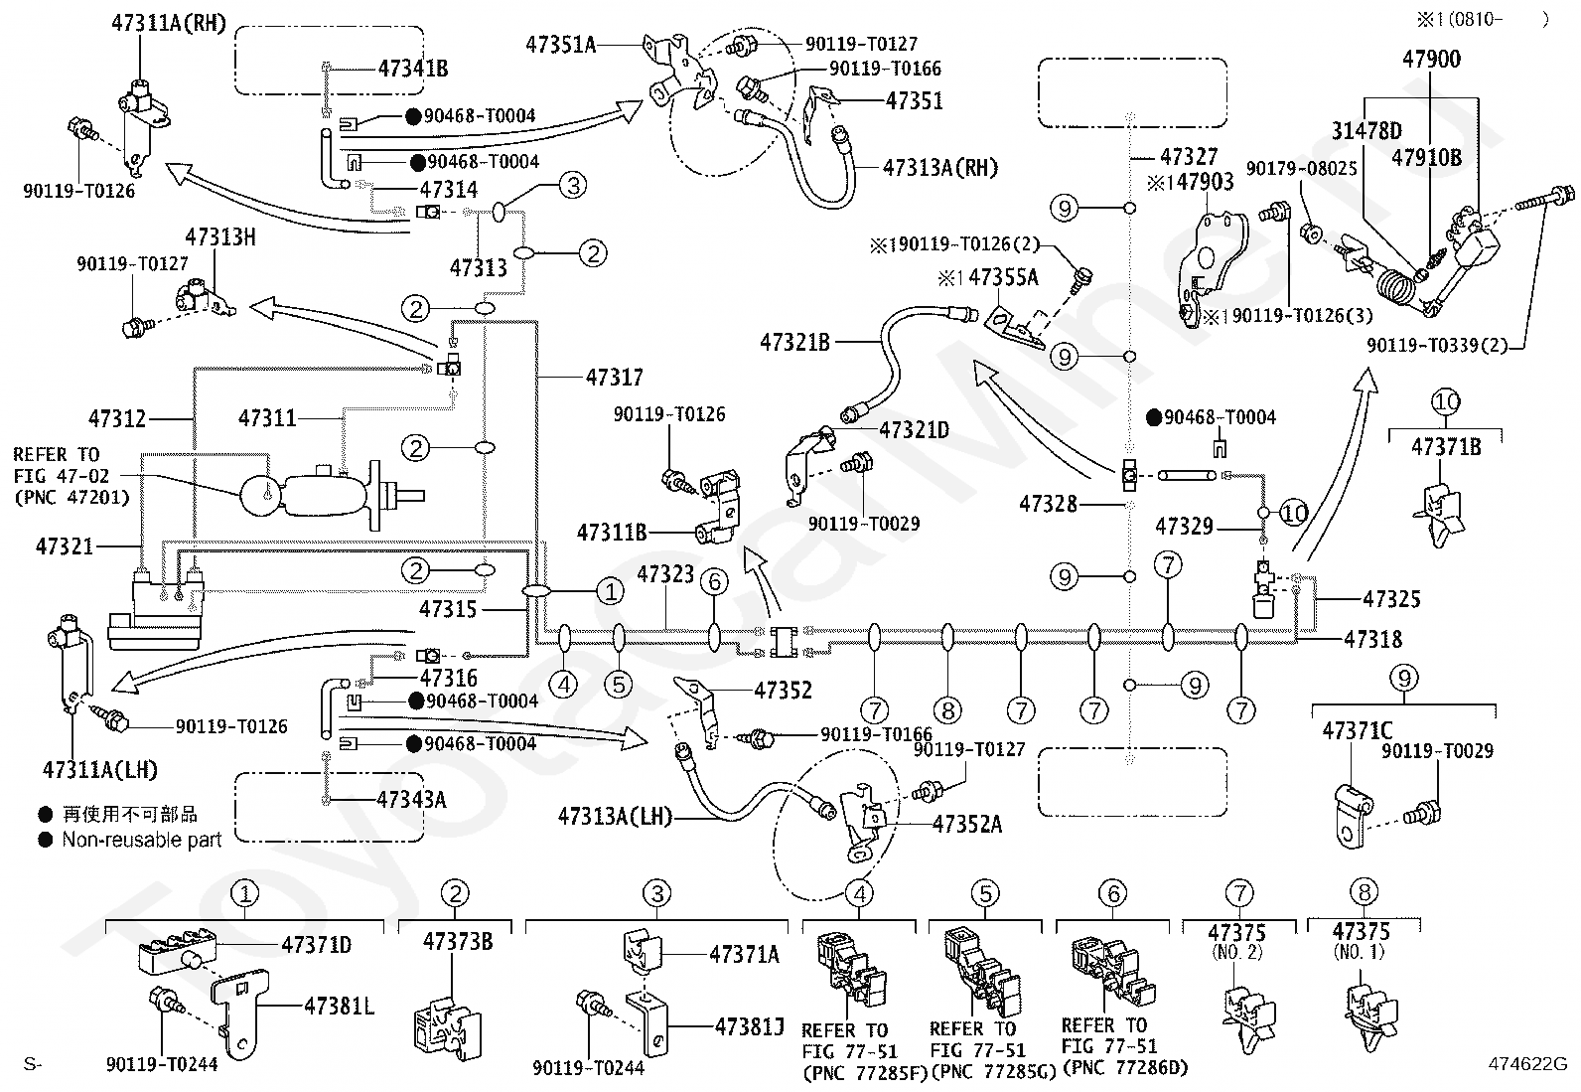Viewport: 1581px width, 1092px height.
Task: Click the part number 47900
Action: click(1431, 59)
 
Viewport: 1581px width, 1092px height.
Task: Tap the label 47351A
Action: click(560, 45)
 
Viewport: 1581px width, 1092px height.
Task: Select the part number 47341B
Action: click(413, 69)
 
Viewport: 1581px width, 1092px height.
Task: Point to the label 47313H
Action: click(220, 237)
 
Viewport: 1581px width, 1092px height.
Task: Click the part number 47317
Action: click(614, 378)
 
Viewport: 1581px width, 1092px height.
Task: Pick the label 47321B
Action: click(794, 343)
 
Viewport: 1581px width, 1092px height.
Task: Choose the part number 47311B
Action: click(612, 533)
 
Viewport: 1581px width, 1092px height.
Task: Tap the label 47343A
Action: click(411, 800)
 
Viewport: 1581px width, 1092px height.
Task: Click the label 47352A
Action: click(967, 825)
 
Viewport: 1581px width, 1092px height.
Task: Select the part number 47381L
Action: click(339, 1006)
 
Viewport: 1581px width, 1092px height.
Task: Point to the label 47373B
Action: click(458, 942)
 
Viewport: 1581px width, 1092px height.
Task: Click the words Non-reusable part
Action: click(142, 840)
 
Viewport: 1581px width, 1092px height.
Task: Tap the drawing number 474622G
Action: click(1527, 1064)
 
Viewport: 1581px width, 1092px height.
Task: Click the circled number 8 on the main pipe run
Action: click(947, 709)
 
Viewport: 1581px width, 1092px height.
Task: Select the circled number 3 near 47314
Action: click(573, 186)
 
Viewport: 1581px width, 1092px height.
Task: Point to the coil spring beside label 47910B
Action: click(1396, 287)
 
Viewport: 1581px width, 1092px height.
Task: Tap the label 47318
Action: click(1372, 639)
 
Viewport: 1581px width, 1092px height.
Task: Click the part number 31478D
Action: click(1366, 131)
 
